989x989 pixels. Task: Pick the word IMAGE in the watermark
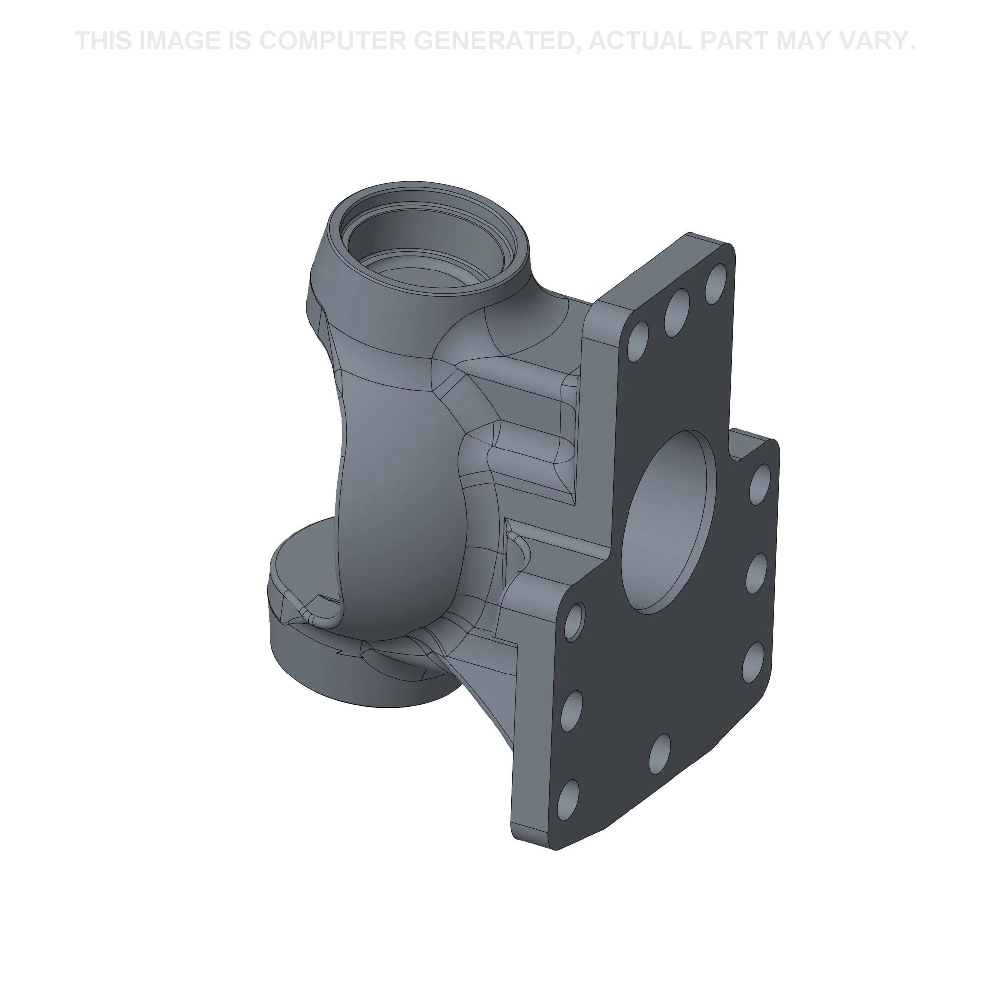pos(180,41)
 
